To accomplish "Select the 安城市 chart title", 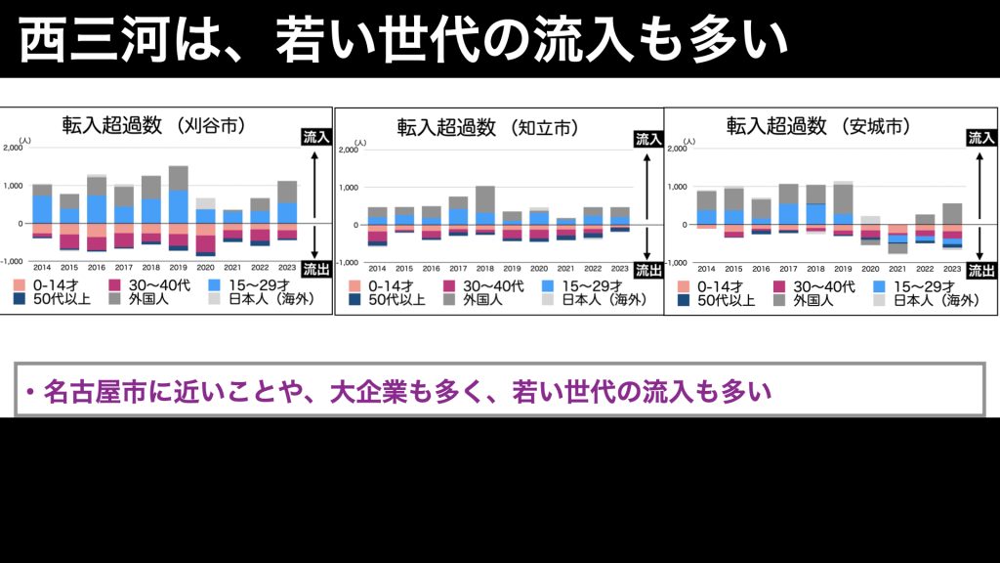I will (x=818, y=126).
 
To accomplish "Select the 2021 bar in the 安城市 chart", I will (x=898, y=238).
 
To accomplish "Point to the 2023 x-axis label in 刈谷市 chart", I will (x=286, y=266).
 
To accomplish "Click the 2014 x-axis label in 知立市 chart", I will (x=377, y=267).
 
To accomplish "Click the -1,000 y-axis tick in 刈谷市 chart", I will (x=12, y=261).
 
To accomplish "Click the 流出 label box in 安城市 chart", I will (x=980, y=271).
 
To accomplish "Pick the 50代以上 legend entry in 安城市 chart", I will (x=717, y=301).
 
